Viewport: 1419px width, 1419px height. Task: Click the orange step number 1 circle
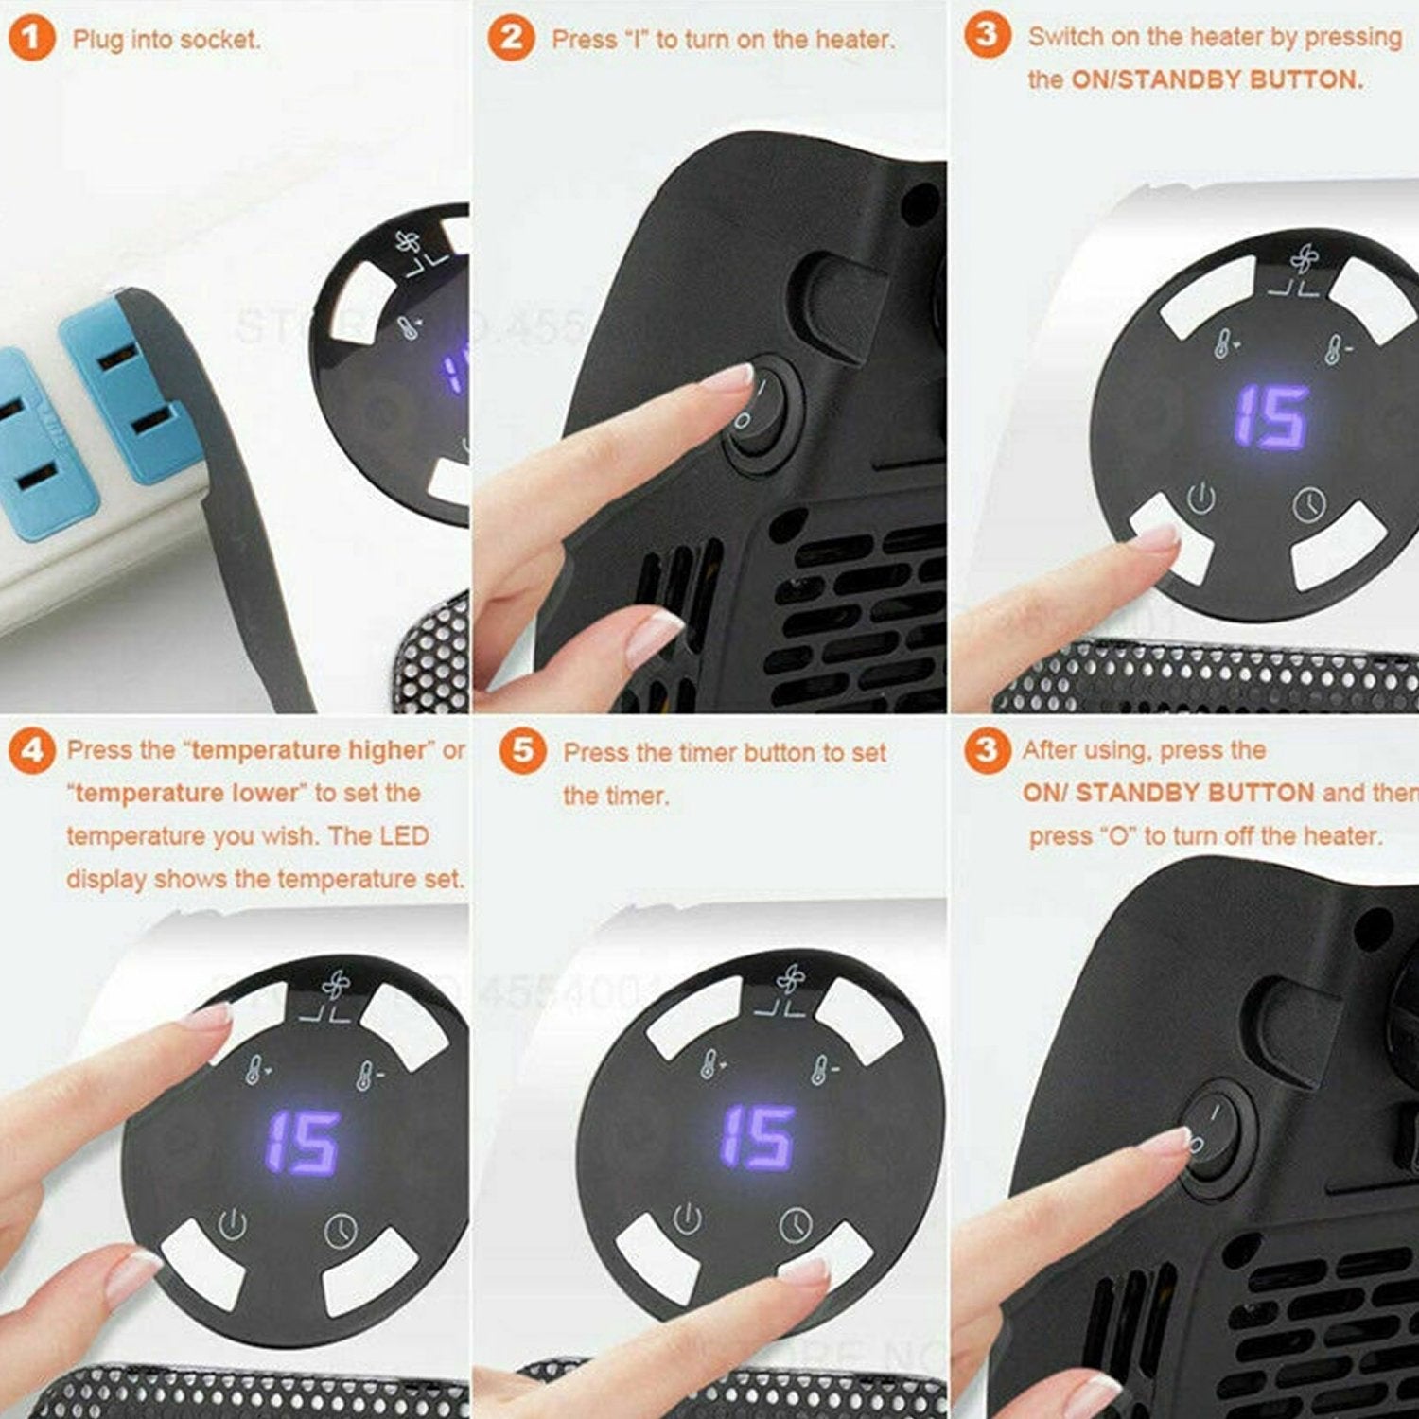coord(31,39)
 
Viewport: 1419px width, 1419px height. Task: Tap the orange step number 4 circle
coord(31,751)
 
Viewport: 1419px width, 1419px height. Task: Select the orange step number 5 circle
coord(522,751)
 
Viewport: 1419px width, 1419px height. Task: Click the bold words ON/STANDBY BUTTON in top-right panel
coord(1217,79)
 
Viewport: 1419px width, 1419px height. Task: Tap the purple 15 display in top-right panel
coord(1271,416)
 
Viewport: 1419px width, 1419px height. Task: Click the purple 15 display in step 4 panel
coord(302,1141)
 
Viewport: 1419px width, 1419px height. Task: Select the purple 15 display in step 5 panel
coord(756,1136)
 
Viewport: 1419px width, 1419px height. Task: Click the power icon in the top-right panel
coord(1200,498)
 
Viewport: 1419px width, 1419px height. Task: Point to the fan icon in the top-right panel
coord(1303,259)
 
